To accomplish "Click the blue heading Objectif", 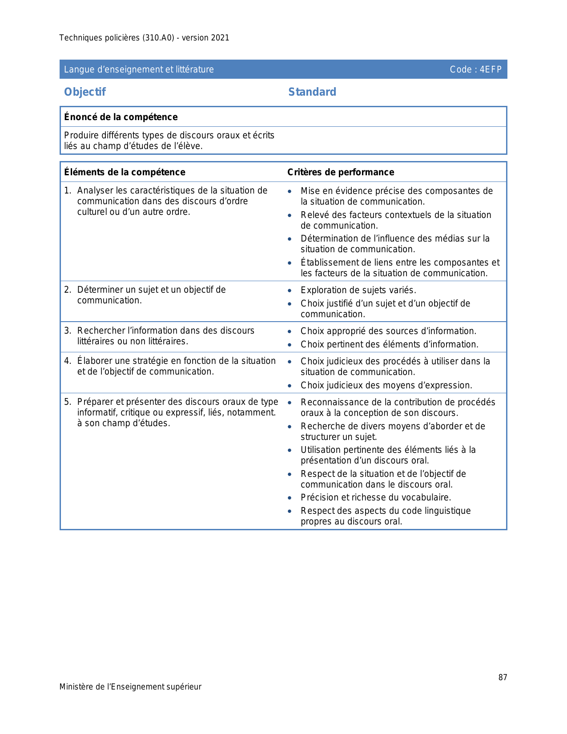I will [x=85, y=92].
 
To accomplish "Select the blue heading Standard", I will [x=312, y=92].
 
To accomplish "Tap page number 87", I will [x=503, y=678].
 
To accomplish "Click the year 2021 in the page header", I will [x=220, y=38].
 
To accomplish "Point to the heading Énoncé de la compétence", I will [x=121, y=117].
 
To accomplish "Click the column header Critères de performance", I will [x=341, y=172].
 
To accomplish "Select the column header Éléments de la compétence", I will [x=125, y=172].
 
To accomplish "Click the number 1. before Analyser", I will [x=68, y=190].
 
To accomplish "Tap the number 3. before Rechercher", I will [x=68, y=331].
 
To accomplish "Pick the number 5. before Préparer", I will [x=68, y=402].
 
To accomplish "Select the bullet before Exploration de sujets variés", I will [x=290, y=290].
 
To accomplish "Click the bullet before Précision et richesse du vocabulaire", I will [x=290, y=498].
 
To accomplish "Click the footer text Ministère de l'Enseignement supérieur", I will [x=130, y=687].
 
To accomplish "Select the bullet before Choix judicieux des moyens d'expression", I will [x=290, y=386].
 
